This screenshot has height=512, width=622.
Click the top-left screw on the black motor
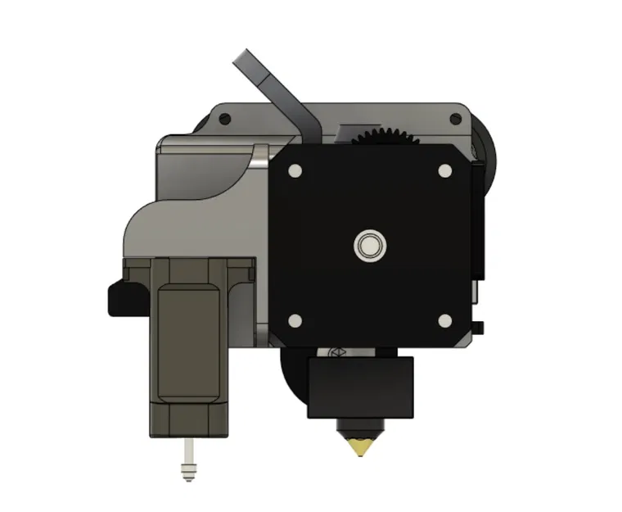pos(294,170)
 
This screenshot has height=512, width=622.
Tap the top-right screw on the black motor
pos(445,170)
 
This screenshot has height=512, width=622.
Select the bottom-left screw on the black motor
pos(294,320)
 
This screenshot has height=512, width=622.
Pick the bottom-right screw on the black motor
pos(445,320)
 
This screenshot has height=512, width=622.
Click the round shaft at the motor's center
pos(369,245)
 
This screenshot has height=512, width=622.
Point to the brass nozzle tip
pos(358,447)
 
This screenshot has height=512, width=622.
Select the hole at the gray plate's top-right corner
pos(455,120)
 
